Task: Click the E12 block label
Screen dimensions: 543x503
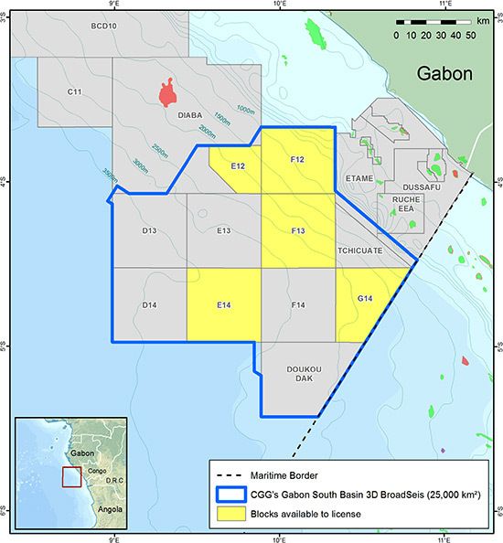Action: (x=237, y=165)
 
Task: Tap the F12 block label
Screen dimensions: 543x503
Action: (x=297, y=160)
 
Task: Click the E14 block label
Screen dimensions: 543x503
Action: (x=223, y=305)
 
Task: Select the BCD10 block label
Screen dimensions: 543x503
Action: (x=104, y=27)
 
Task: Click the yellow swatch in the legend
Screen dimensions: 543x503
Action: (x=231, y=515)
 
